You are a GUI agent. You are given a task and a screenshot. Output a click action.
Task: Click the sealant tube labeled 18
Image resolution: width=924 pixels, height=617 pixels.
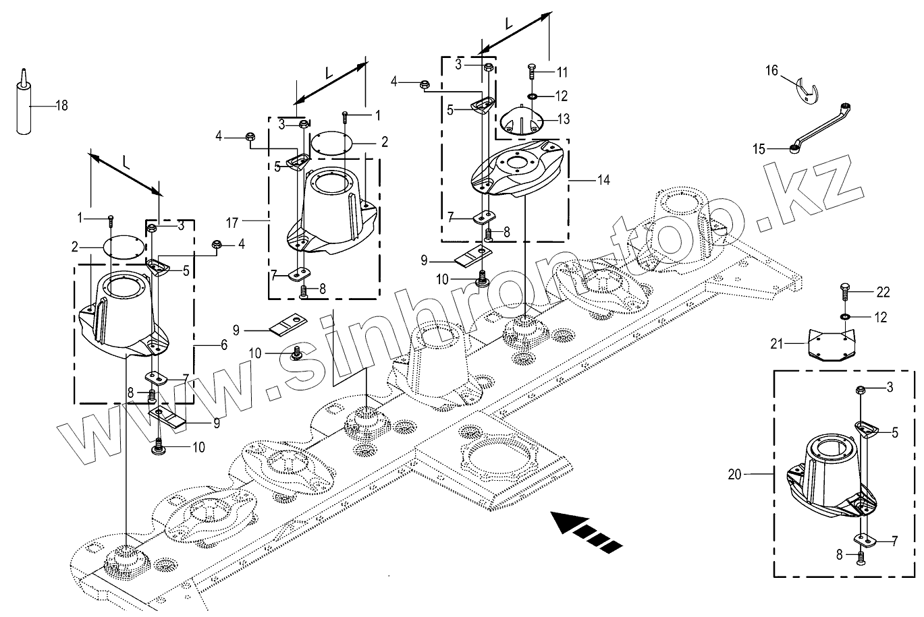pyautogui.click(x=24, y=107)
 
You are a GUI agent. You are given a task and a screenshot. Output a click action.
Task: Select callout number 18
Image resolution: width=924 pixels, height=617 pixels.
pyautogui.click(x=61, y=105)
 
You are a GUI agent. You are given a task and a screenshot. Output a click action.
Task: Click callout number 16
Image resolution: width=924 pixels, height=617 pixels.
pyautogui.click(x=771, y=71)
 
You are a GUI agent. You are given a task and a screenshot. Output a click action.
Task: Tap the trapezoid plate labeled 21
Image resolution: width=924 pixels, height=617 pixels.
pyautogui.click(x=831, y=345)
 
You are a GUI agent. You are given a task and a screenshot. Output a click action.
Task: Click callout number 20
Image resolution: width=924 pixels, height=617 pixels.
pyautogui.click(x=735, y=475)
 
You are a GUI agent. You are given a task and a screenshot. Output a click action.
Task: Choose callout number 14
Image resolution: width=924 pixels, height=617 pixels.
pyautogui.click(x=603, y=180)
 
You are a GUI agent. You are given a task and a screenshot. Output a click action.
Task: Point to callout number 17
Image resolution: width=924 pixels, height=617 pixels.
pyautogui.click(x=232, y=223)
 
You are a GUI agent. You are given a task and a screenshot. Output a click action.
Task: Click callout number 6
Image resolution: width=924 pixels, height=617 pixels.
pyautogui.click(x=224, y=345)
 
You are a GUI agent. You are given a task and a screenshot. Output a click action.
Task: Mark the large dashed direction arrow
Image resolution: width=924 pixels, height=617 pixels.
pyautogui.click(x=586, y=531)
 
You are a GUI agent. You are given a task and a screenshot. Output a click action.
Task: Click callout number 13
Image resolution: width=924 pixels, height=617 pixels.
pyautogui.click(x=563, y=119)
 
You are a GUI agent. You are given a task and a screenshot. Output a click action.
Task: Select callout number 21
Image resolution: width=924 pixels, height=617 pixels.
pyautogui.click(x=777, y=343)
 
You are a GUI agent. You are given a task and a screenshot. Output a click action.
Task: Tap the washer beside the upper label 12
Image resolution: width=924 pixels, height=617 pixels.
pyautogui.click(x=533, y=96)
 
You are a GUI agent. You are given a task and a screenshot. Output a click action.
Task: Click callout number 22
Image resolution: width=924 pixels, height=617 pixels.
pyautogui.click(x=883, y=292)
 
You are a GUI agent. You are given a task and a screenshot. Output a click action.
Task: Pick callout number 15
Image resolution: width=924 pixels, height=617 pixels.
pyautogui.click(x=759, y=149)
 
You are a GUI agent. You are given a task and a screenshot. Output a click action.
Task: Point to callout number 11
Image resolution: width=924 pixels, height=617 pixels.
pyautogui.click(x=562, y=73)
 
